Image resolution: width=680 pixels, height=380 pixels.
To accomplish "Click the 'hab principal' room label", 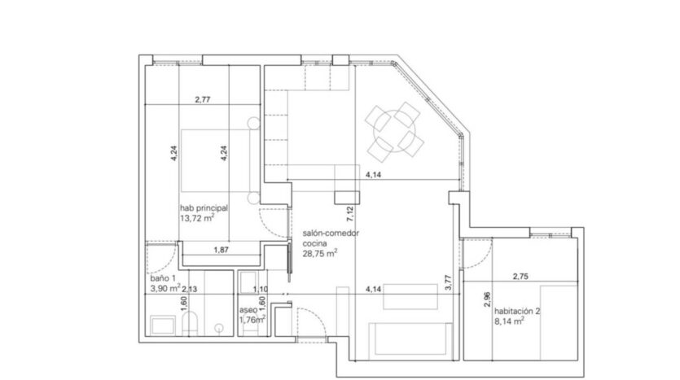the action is (204, 208).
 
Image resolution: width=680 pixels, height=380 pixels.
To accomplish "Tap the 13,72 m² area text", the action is (197, 218).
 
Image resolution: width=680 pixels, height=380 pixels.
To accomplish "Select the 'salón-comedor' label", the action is (331, 233).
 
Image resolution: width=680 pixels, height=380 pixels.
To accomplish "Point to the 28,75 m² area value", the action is (319, 254).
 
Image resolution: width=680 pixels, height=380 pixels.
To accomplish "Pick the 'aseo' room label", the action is (248, 310).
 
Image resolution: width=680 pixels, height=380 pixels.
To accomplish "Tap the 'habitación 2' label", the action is (517, 311).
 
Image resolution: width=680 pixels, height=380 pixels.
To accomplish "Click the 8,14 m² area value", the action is (509, 321).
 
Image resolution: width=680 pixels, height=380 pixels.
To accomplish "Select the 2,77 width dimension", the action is (203, 99).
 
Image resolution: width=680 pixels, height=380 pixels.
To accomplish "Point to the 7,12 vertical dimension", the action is (350, 214).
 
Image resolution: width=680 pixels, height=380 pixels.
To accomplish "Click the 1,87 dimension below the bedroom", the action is (221, 250).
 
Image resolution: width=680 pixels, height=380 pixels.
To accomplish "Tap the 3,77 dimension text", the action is (449, 283).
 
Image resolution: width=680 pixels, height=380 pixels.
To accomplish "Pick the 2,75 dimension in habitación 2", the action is (520, 277).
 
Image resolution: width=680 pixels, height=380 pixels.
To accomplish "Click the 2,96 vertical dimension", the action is (487, 299).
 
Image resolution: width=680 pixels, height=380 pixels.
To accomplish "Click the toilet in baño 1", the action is (191, 325).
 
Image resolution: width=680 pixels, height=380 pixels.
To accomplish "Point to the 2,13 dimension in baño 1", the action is (190, 289).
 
